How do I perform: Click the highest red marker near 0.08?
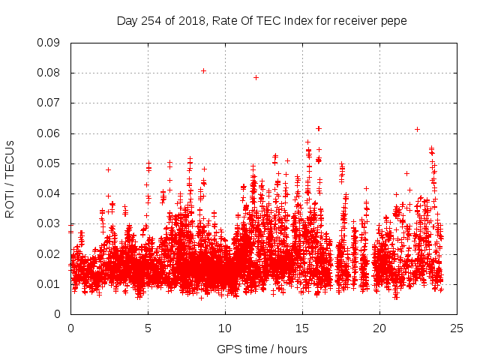click(203, 70)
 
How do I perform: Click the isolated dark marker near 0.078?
click(256, 77)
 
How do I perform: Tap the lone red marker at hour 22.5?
click(417, 129)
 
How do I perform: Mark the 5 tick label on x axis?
click(148, 328)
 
